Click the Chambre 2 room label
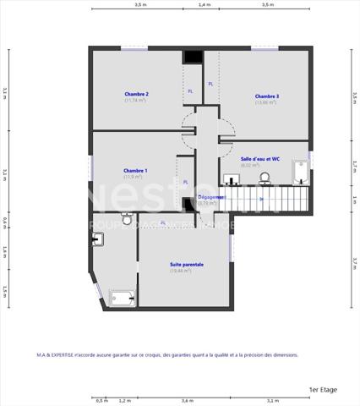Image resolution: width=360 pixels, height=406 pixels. coord(135,94)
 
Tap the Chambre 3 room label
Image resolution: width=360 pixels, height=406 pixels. coord(266,96)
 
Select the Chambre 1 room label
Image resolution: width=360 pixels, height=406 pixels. coord(135,171)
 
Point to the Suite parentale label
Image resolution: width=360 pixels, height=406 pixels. coord(186,264)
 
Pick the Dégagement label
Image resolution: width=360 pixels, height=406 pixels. coord(210,197)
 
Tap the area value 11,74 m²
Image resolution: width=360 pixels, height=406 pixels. coord(135,101)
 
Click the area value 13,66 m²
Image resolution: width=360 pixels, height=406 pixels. coord(266,103)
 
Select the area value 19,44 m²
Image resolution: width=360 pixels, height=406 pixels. coord(186,271)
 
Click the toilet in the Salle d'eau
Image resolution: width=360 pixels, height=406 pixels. coord(265,178)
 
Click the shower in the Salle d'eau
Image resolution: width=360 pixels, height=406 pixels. coord(302,173)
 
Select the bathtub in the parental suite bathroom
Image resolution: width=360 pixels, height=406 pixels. coord(121,298)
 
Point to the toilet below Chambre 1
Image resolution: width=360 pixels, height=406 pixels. coord(127,219)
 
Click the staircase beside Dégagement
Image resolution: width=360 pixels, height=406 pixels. coord(262,200)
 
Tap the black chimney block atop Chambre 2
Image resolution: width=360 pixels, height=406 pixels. coord(193,57)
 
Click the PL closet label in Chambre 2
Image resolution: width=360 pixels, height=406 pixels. coord(189,91)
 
